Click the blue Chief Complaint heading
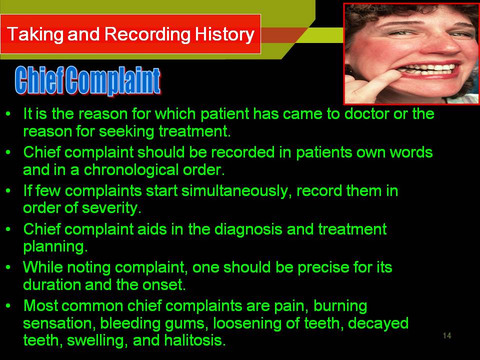click(87, 80)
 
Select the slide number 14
click(447, 335)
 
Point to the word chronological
click(131, 170)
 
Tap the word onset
click(164, 285)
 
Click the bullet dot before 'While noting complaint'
click(8, 267)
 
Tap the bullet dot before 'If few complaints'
click(8, 190)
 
